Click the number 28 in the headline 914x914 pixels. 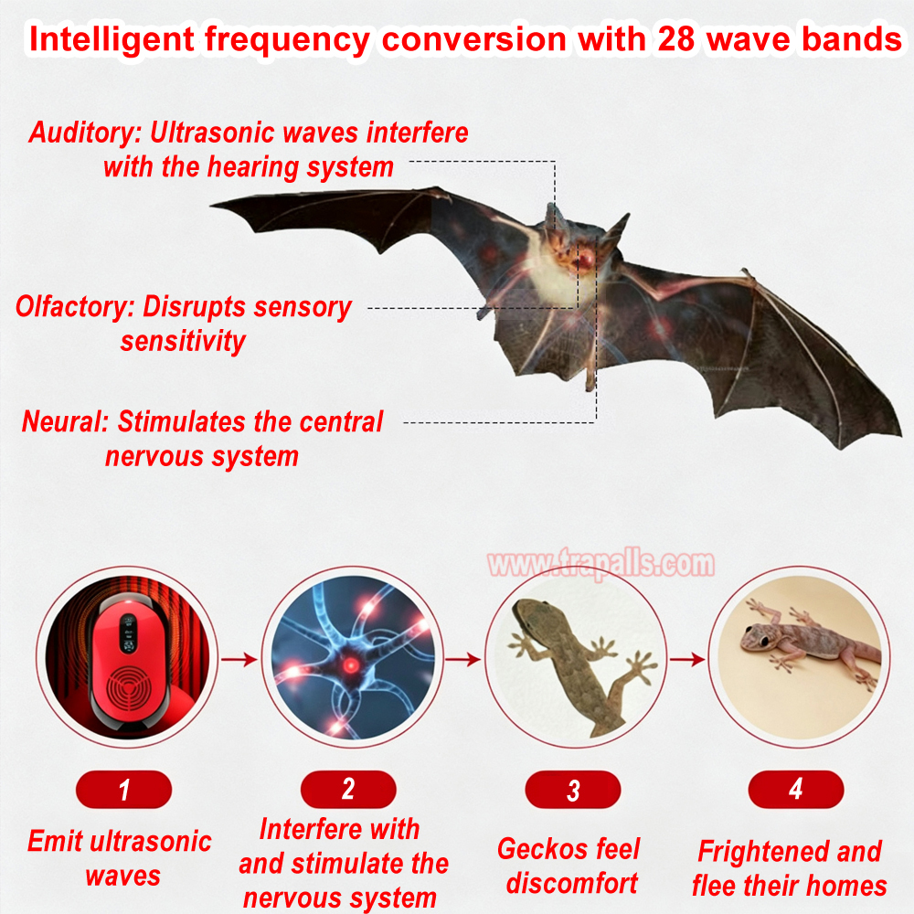coord(677,39)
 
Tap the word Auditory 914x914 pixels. coord(82,133)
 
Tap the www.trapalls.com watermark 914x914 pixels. coord(601,564)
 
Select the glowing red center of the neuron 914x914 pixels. coord(350,664)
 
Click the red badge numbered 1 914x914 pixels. coord(123,790)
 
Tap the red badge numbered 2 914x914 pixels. coord(348,790)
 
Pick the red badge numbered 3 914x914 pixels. coord(572,790)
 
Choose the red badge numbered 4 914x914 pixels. coord(796,790)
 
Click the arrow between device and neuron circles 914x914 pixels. coord(239,659)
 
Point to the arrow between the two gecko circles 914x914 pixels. coord(687,659)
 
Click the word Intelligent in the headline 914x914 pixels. coord(112,40)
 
